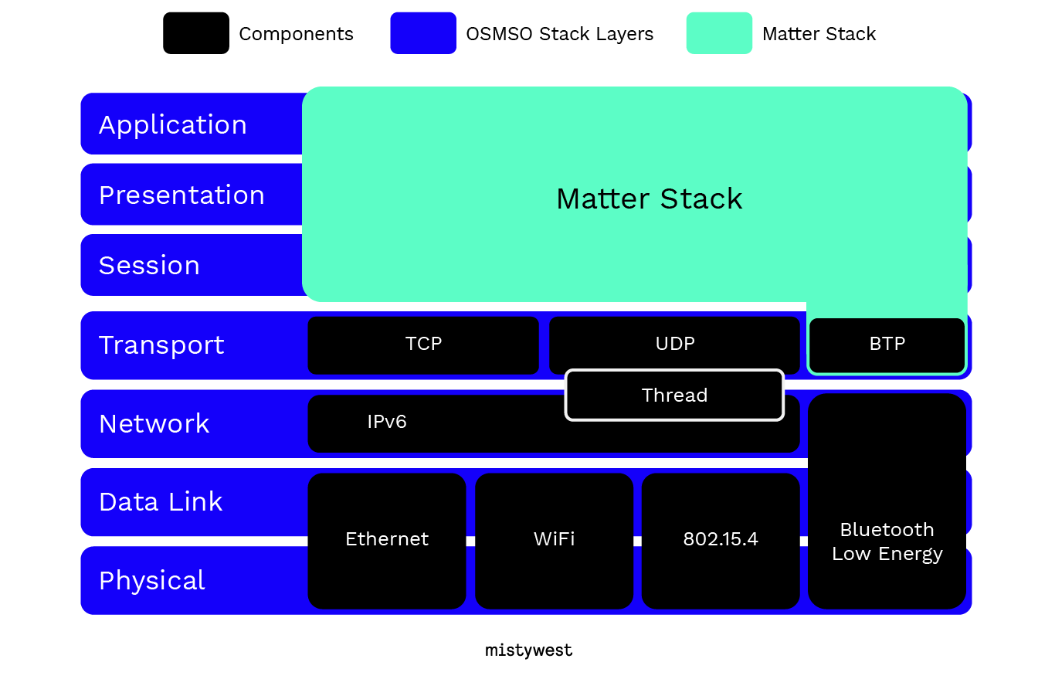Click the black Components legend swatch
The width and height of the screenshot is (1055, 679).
point(196,33)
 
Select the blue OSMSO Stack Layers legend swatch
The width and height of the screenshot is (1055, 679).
point(423,33)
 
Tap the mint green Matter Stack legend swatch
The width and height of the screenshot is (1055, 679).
point(719,33)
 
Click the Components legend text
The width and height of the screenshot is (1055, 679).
point(297,34)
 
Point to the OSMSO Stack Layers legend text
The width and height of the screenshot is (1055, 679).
point(559,34)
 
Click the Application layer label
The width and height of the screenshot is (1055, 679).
point(173,125)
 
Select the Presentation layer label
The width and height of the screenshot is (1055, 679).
point(181,195)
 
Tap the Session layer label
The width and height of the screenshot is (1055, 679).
point(149,265)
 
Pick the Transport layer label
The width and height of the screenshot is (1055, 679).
point(161,345)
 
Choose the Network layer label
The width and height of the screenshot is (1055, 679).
point(154,423)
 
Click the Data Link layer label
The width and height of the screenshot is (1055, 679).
point(161,501)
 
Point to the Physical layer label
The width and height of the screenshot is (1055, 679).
point(152,581)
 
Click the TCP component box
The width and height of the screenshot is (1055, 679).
point(423,345)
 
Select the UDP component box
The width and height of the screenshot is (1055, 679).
point(674,344)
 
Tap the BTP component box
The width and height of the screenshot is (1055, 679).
point(887,345)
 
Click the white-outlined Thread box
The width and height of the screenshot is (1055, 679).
point(674,395)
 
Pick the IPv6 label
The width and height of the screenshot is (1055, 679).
point(387,422)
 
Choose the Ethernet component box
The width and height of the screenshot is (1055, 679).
point(387,541)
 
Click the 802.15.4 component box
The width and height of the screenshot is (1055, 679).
point(721,541)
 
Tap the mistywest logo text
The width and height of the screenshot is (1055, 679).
point(528,650)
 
